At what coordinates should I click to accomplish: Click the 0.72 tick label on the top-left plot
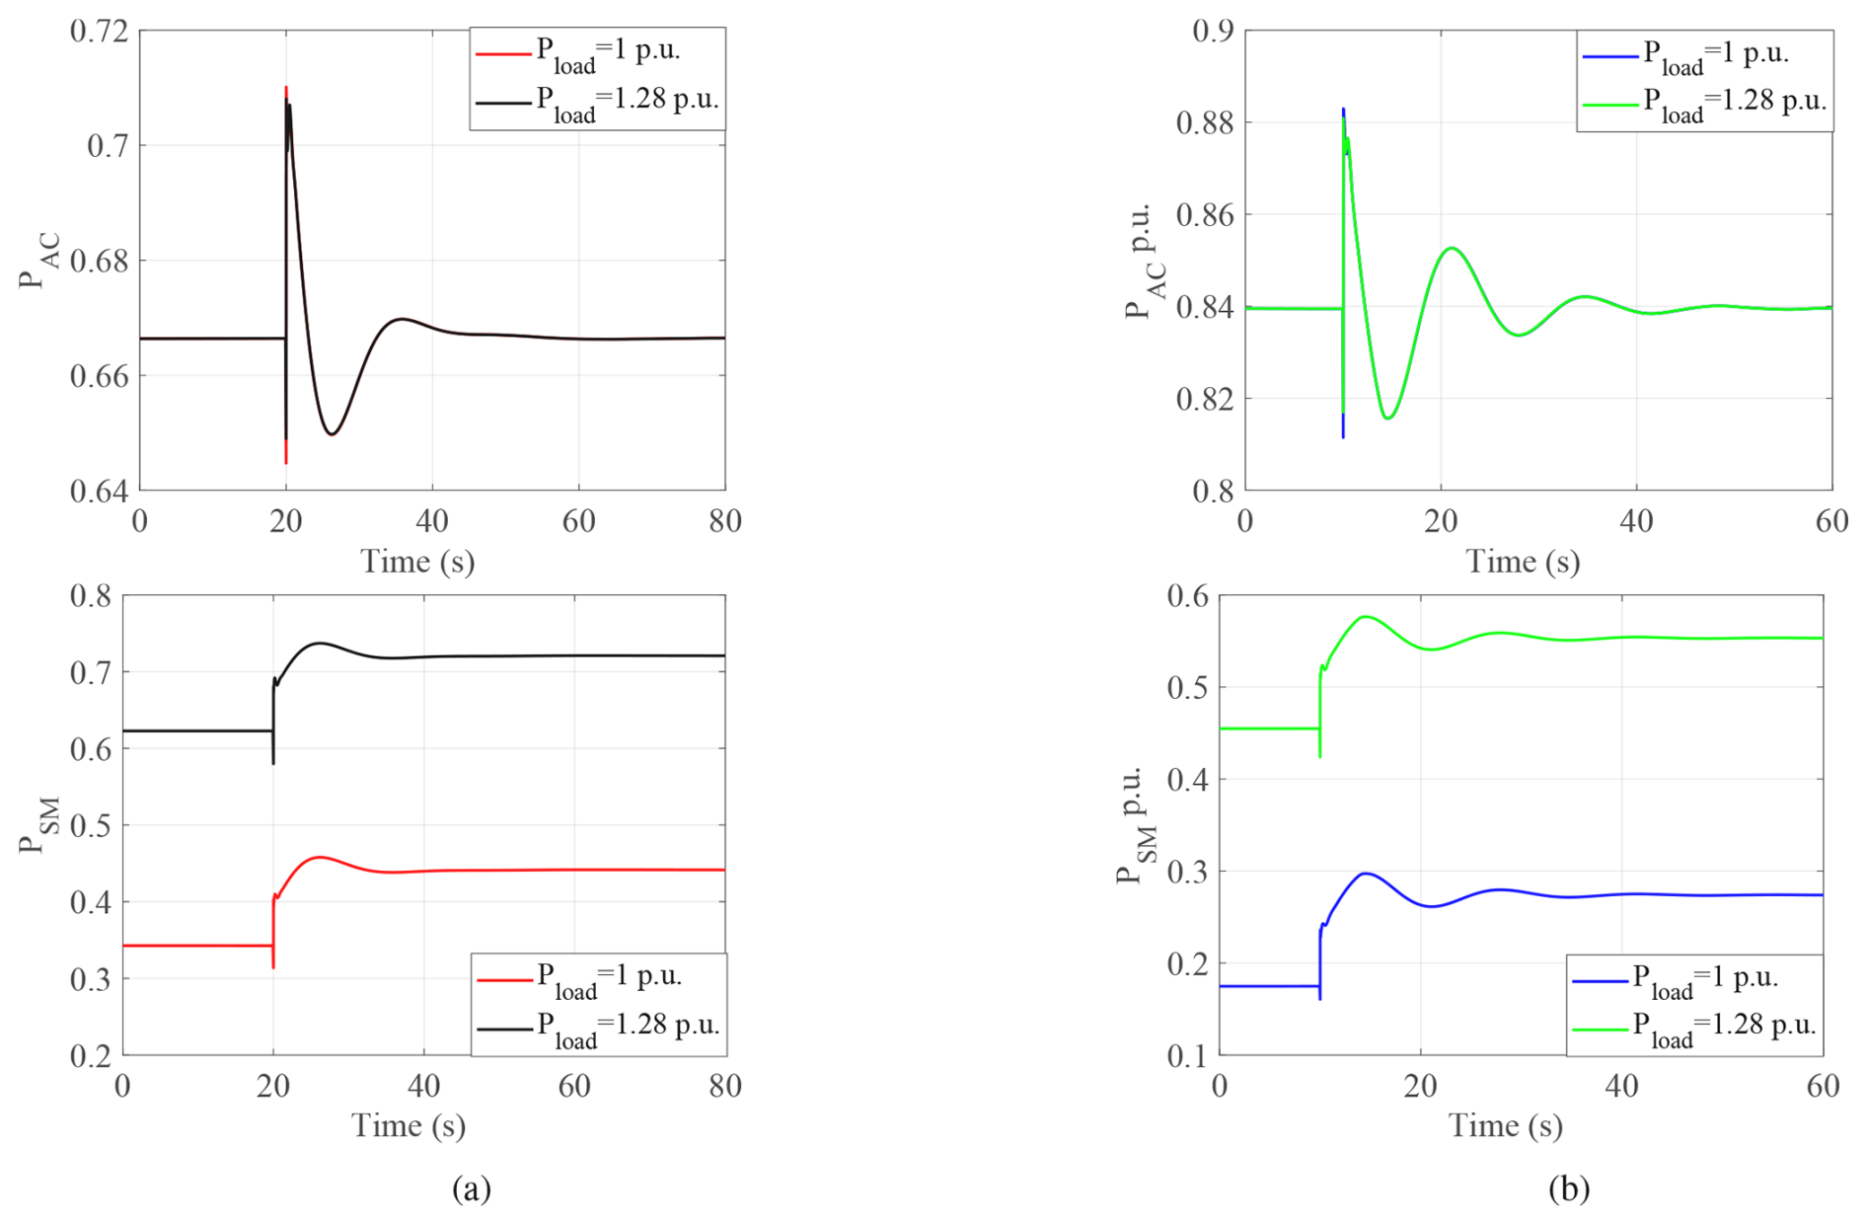99,32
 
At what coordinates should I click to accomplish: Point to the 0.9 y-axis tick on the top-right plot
1213,32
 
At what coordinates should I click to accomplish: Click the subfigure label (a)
471,1187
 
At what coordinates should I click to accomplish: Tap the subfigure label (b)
1568,1187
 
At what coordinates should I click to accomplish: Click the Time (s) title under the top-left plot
417,562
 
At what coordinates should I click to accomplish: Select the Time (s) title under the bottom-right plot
1505,1126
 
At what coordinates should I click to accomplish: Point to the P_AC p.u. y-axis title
1145,263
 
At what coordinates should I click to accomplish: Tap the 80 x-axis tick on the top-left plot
725,521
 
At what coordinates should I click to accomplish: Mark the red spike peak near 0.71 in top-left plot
286,88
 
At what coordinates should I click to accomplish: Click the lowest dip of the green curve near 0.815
1387,419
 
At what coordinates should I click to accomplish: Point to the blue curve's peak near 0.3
1366,874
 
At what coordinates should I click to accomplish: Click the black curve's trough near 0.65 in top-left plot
332,434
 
